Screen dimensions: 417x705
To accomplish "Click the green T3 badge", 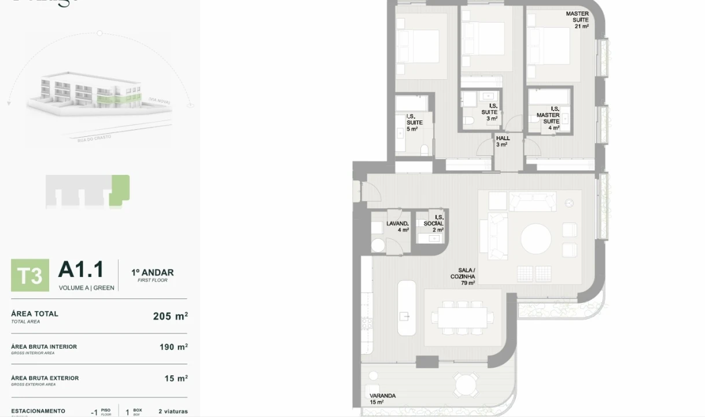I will tap(30, 275).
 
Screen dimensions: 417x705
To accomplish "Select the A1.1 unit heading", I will tap(81, 270).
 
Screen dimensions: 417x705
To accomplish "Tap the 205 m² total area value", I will tap(170, 316).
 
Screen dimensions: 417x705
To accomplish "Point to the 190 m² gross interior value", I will tap(174, 347).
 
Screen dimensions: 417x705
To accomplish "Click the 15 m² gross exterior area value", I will tap(176, 378).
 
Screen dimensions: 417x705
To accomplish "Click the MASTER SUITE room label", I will tap(578, 20).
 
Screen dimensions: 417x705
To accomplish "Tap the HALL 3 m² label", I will tap(503, 141).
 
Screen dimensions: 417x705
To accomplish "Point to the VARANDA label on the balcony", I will tap(382, 398).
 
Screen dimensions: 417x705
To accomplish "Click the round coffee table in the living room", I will tap(536, 239).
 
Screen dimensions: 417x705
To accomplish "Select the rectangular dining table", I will tap(462, 317).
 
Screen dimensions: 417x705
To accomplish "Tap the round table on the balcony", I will tap(466, 384).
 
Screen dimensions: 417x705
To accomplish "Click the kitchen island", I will tap(407, 308).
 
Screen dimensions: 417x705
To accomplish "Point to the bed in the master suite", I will tap(549, 46).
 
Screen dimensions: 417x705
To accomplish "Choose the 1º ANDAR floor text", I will tap(152, 273).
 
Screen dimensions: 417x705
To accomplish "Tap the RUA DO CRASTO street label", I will tap(94, 138).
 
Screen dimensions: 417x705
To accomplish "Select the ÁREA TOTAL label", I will tap(35, 314).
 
